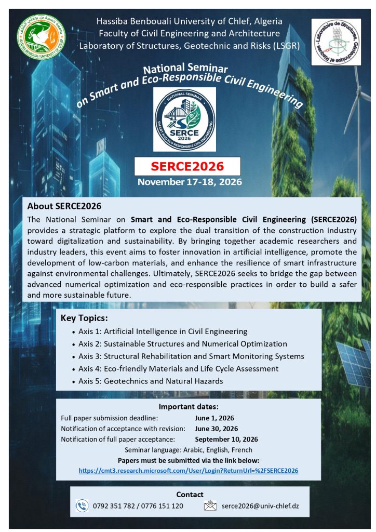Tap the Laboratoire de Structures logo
[x=335, y=42]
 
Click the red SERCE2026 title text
[x=187, y=166]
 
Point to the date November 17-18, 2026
[x=190, y=182]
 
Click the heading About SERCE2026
[x=64, y=206]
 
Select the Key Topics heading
[x=84, y=318]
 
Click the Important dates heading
[x=189, y=407]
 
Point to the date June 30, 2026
[x=216, y=429]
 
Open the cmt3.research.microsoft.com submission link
[x=189, y=471]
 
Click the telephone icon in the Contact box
[x=82, y=506]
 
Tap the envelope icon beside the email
[x=210, y=506]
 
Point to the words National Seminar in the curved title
[x=185, y=69]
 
